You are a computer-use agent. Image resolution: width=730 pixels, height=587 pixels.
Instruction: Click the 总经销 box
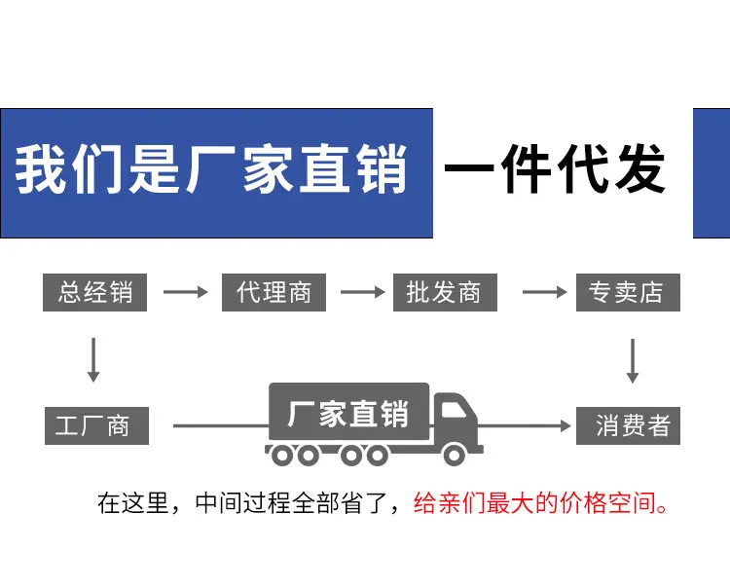tap(95, 292)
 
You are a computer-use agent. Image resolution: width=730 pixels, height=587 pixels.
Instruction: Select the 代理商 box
tap(274, 292)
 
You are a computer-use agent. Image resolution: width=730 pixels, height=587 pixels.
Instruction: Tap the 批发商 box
tap(445, 292)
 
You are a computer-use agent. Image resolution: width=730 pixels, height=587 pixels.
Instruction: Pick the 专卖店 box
tap(628, 292)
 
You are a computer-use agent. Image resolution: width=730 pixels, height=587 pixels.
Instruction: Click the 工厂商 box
tap(96, 425)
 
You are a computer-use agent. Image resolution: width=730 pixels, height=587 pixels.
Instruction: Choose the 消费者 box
tap(628, 425)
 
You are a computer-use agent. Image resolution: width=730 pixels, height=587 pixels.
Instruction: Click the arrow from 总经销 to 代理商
tap(185, 292)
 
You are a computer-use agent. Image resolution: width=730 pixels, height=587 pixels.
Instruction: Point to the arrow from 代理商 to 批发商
tap(363, 292)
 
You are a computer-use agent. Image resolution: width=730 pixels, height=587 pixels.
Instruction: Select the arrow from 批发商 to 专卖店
tap(545, 292)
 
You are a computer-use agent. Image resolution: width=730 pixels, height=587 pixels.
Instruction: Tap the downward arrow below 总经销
tap(93, 360)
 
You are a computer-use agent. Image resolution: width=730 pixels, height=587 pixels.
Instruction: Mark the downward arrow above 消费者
tap(633, 361)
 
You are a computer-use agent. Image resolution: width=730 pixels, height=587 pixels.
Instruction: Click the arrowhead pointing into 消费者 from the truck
tap(566, 425)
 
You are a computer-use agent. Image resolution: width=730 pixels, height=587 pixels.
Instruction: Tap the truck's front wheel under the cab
tap(455, 455)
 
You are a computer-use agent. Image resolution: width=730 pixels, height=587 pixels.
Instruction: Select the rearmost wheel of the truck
tap(281, 455)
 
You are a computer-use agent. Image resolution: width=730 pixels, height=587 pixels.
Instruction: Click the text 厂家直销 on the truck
tap(348, 414)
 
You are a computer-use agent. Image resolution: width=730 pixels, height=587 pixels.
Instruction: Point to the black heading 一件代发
tap(555, 168)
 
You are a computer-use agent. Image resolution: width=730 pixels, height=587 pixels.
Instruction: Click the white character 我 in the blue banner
tap(40, 168)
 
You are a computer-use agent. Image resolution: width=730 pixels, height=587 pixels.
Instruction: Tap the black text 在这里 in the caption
tap(132, 502)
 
